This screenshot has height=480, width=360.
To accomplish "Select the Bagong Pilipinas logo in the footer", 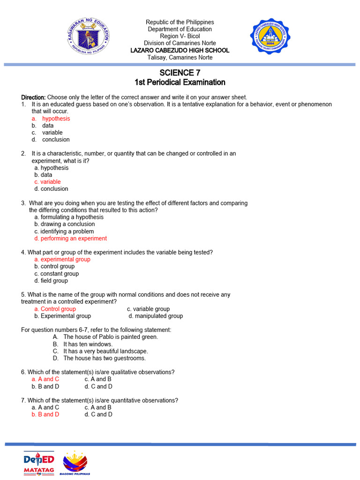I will (x=75, y=462).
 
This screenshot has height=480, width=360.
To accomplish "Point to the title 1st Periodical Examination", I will (x=180, y=82).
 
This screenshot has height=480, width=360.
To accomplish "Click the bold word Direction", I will (x=33, y=97).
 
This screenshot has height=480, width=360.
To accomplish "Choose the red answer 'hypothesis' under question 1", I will (x=56, y=119).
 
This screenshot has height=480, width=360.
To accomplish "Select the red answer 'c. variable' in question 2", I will (x=47, y=182).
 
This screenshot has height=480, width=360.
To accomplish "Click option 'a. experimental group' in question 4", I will (x=62, y=259).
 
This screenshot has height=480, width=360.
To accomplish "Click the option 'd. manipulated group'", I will (x=156, y=316).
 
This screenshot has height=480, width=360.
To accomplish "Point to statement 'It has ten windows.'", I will (x=88, y=344).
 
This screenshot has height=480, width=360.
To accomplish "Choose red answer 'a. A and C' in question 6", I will (x=45, y=379).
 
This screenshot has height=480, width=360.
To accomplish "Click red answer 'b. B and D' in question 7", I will (x=45, y=414).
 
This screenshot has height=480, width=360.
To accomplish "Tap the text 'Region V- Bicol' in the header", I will (x=180, y=36).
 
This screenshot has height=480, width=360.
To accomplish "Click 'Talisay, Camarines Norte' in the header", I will (x=180, y=57).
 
